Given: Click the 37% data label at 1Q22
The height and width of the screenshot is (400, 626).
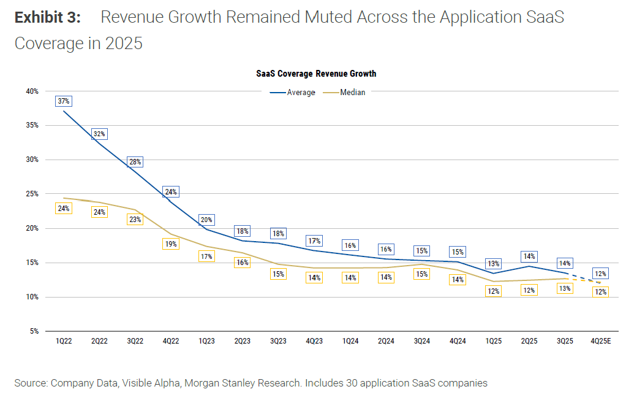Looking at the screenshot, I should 64,101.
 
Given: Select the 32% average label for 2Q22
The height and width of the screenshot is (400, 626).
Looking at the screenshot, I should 99,134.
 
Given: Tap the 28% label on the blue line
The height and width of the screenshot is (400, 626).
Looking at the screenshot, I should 135,162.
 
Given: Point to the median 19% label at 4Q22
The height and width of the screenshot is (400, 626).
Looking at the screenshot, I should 171,244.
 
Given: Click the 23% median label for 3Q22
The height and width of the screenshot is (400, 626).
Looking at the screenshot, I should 135,220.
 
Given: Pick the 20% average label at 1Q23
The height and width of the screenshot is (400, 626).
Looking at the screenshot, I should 206,220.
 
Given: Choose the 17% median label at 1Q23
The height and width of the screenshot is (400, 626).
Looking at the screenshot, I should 206,256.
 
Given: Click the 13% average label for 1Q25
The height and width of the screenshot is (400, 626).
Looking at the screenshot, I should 493,264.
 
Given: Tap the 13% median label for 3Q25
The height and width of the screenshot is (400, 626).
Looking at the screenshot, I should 565,288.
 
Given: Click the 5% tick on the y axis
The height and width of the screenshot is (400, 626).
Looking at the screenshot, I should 34,331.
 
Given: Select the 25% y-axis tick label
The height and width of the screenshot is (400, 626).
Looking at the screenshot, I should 32,194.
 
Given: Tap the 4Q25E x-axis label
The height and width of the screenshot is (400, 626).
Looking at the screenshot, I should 600,340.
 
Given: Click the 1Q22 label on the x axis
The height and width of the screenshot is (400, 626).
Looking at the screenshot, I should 64,340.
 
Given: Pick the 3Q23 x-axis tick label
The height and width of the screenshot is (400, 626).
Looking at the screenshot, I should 278,340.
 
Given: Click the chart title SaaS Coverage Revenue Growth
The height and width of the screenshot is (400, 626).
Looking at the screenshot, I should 316,74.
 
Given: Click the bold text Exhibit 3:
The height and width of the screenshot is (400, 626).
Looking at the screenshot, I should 47,17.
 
